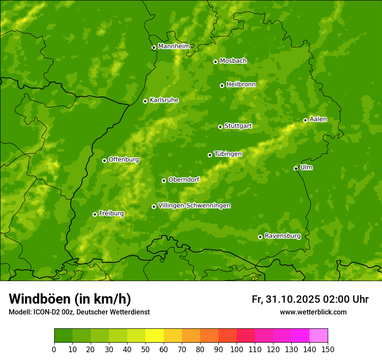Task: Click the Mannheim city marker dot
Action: tap(154, 48)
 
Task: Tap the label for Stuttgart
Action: tap(238, 126)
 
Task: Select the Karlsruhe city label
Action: tap(164, 100)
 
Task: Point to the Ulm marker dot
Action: tap(296, 169)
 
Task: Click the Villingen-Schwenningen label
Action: tap(194, 206)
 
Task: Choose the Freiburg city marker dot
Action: tap(95, 215)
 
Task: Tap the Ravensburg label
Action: tap(282, 236)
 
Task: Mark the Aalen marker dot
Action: tap(306, 121)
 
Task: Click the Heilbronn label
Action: tap(241, 85)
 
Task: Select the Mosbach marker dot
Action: tap(215, 62)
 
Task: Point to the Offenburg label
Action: tap(124, 160)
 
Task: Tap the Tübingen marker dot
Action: tap(210, 155)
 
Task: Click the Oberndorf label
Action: tap(184, 180)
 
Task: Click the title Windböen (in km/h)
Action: tap(70, 299)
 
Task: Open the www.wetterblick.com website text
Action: tap(313, 312)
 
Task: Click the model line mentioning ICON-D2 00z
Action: tap(79, 312)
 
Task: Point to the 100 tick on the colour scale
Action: tap(237, 349)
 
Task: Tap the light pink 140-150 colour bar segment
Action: tap(319, 336)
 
